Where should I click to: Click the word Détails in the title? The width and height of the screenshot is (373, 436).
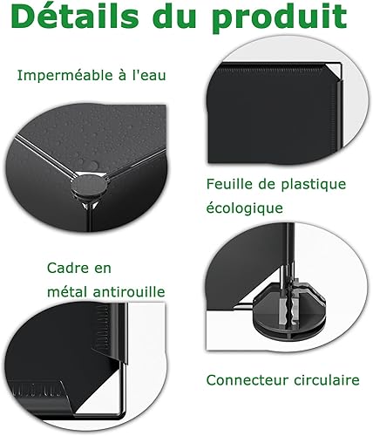point(75,16)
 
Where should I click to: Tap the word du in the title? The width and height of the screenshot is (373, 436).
point(174,16)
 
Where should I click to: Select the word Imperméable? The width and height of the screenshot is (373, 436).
point(64,76)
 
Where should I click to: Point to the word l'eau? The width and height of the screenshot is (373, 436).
point(149,75)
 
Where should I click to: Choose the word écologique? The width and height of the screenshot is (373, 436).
point(245,208)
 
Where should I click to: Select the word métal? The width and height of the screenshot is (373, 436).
point(67,291)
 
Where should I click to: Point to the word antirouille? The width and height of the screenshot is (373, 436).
point(129,291)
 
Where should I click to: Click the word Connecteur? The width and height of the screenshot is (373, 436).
point(248,380)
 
